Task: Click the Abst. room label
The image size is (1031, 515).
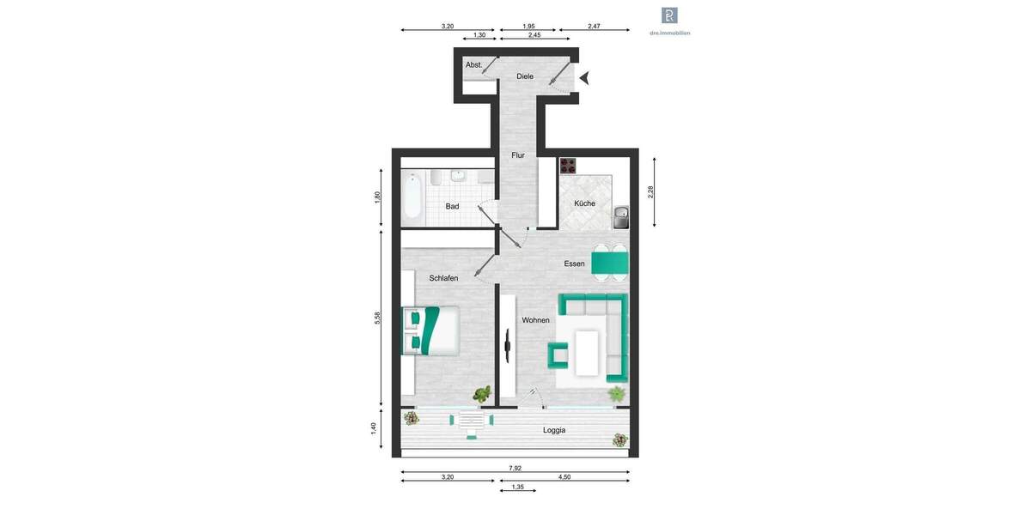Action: tap(473, 65)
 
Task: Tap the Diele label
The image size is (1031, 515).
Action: tap(525, 76)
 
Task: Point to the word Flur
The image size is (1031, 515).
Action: tap(518, 155)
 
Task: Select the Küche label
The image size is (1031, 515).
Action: tap(585, 203)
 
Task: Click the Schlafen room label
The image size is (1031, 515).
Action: tap(443, 278)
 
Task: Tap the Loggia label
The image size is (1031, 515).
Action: tap(554, 430)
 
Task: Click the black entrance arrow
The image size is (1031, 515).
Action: tap(584, 78)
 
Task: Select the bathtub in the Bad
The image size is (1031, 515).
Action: tap(412, 195)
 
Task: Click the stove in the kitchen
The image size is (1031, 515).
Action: tap(568, 166)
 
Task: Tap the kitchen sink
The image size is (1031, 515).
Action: tap(621, 217)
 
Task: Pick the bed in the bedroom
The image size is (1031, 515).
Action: tap(430, 330)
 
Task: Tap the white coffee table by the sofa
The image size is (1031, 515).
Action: tap(588, 352)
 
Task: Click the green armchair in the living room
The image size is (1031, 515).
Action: tap(558, 354)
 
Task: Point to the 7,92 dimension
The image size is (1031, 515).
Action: tap(515, 469)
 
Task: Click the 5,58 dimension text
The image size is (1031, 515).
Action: tap(377, 318)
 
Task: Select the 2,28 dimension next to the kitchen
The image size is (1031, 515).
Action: tap(651, 192)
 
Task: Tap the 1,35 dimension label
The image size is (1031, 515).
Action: tap(517, 487)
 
